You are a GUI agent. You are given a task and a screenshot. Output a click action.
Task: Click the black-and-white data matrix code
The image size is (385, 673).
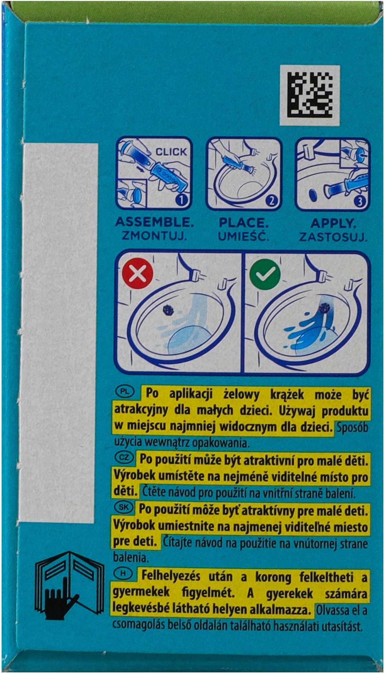[x=310, y=95]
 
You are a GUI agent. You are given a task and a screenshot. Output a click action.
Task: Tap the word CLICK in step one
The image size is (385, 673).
[x=171, y=152]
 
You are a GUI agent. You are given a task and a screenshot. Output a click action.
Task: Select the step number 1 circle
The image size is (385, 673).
[x=181, y=200]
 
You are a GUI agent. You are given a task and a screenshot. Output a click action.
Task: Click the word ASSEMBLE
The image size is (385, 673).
[x=154, y=222]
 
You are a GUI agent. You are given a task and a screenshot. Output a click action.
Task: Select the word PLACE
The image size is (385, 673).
[x=244, y=223]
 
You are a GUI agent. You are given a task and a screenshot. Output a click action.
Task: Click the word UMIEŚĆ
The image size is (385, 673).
[x=244, y=236]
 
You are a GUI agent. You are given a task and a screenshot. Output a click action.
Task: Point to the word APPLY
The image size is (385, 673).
[x=334, y=223]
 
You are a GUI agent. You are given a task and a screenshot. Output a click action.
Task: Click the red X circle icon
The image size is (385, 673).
[x=138, y=274]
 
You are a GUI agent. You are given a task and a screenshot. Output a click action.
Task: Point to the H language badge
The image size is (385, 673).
[x=123, y=574]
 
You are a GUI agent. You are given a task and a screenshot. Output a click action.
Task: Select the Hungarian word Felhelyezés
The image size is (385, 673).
[x=171, y=576]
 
